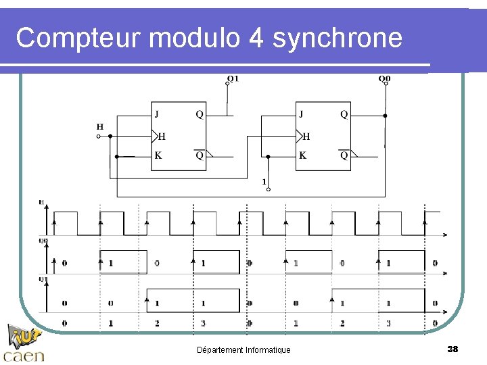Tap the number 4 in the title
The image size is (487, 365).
tap(256, 39)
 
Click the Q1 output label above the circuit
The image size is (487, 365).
tap(232, 78)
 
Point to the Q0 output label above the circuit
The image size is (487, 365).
tap(384, 78)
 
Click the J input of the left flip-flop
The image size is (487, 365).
tap(157, 114)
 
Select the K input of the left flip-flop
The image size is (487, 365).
tap(158, 155)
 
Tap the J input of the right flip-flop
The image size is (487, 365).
tap(302, 114)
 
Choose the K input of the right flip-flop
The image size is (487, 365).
tap(302, 155)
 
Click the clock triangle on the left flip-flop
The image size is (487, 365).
tap(155, 135)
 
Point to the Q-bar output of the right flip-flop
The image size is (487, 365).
tap(344, 155)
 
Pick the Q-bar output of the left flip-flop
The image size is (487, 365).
tap(200, 155)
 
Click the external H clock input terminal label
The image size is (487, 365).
tap(100, 126)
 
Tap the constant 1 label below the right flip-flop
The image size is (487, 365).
tap(264, 181)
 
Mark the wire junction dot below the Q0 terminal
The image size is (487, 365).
tap(385, 116)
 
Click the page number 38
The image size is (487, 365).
tap(453, 349)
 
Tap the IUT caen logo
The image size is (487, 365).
tap(24, 343)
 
